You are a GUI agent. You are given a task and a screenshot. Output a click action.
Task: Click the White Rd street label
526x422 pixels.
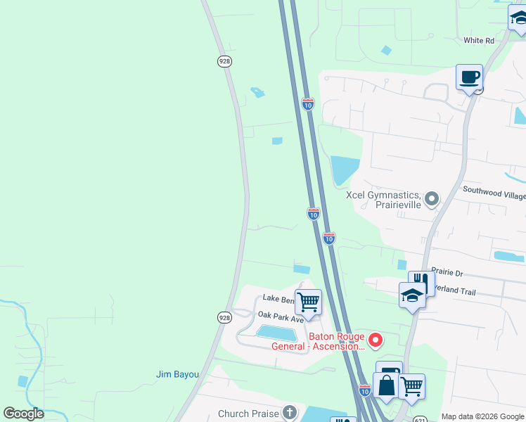pos(479,41)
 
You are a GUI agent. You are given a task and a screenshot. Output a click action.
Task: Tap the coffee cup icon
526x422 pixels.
pos(469,77)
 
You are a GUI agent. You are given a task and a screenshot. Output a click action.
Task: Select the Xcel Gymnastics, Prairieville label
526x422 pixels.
pos(384,199)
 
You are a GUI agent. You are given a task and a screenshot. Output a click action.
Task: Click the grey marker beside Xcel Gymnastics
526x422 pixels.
pos(432,199)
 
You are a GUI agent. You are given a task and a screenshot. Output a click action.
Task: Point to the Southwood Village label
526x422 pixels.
pos(494,190)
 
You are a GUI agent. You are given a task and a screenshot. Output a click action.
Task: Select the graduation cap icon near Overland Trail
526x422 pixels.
pos(412,295)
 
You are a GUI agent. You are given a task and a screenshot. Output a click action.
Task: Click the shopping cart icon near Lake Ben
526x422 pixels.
pos(308,302)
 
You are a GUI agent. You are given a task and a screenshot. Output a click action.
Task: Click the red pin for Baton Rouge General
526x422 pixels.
pos(376,340)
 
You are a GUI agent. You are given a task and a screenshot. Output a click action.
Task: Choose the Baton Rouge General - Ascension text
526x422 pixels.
pos(319,341)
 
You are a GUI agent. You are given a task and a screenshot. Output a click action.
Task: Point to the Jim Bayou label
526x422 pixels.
pos(177,374)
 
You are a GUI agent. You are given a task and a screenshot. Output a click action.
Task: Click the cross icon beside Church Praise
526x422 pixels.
pos(289,413)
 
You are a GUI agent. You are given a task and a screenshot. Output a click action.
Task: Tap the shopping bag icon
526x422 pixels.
pos(386,385)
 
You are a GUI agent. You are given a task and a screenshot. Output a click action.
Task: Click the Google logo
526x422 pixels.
pos(23,414)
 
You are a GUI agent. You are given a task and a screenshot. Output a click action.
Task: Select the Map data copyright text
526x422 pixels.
pos(483,416)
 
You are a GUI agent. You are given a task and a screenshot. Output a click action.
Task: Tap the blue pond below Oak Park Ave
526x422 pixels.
pos(276,332)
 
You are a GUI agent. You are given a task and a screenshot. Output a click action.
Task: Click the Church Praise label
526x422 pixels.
pos(249,414)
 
